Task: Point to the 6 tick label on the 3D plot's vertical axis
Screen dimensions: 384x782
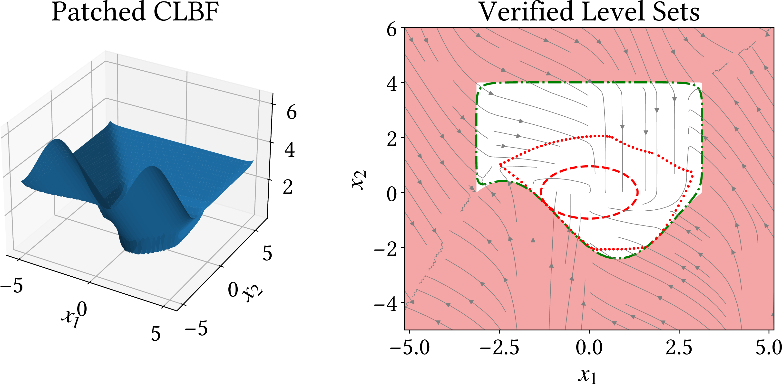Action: point(292,112)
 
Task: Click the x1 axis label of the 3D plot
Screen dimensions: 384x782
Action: point(70,318)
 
